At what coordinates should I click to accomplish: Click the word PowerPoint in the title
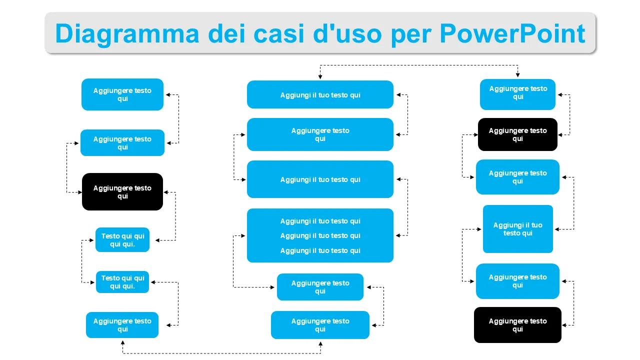coord(512,33)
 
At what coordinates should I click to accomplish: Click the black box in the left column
coord(122,192)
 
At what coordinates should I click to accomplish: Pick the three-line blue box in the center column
coord(320,235)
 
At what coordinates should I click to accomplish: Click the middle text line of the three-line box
coord(320,235)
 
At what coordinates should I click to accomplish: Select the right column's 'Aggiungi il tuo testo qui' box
coord(518,229)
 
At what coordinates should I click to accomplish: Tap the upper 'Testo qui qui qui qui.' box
coord(122,240)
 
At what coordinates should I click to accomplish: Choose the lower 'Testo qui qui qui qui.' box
coord(122,282)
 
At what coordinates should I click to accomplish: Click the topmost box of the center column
coord(320,94)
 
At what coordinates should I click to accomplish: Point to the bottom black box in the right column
coord(517,325)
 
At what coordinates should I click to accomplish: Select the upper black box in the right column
coord(517,134)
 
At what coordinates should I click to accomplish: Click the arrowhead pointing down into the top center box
coord(320,76)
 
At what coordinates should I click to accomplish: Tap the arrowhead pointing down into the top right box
coord(517,74)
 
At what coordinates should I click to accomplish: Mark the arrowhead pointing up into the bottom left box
coord(122,342)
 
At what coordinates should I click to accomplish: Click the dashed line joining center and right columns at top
coord(419,65)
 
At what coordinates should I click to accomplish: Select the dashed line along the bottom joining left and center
coord(221,353)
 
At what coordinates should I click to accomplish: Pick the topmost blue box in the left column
coord(122,94)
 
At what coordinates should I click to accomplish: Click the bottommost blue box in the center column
coord(320,325)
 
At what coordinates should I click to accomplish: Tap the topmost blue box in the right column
coord(517,94)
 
